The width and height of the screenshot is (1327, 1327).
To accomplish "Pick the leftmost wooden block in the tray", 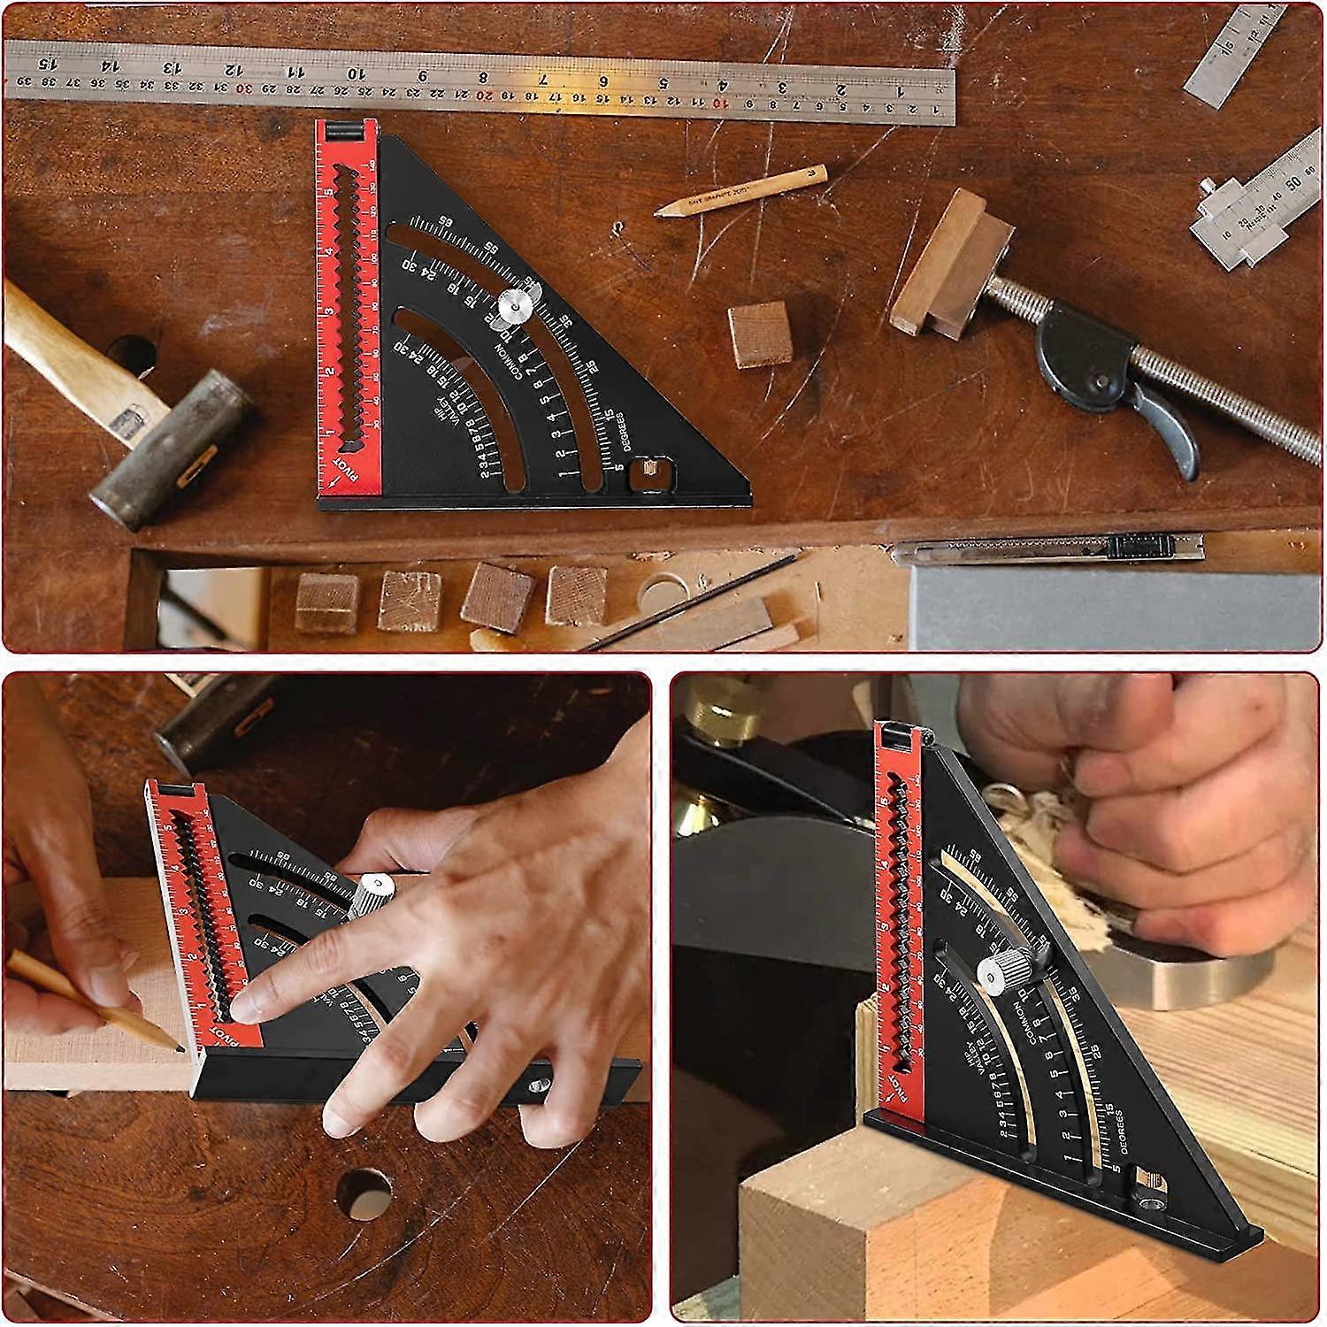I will point(327,602).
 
